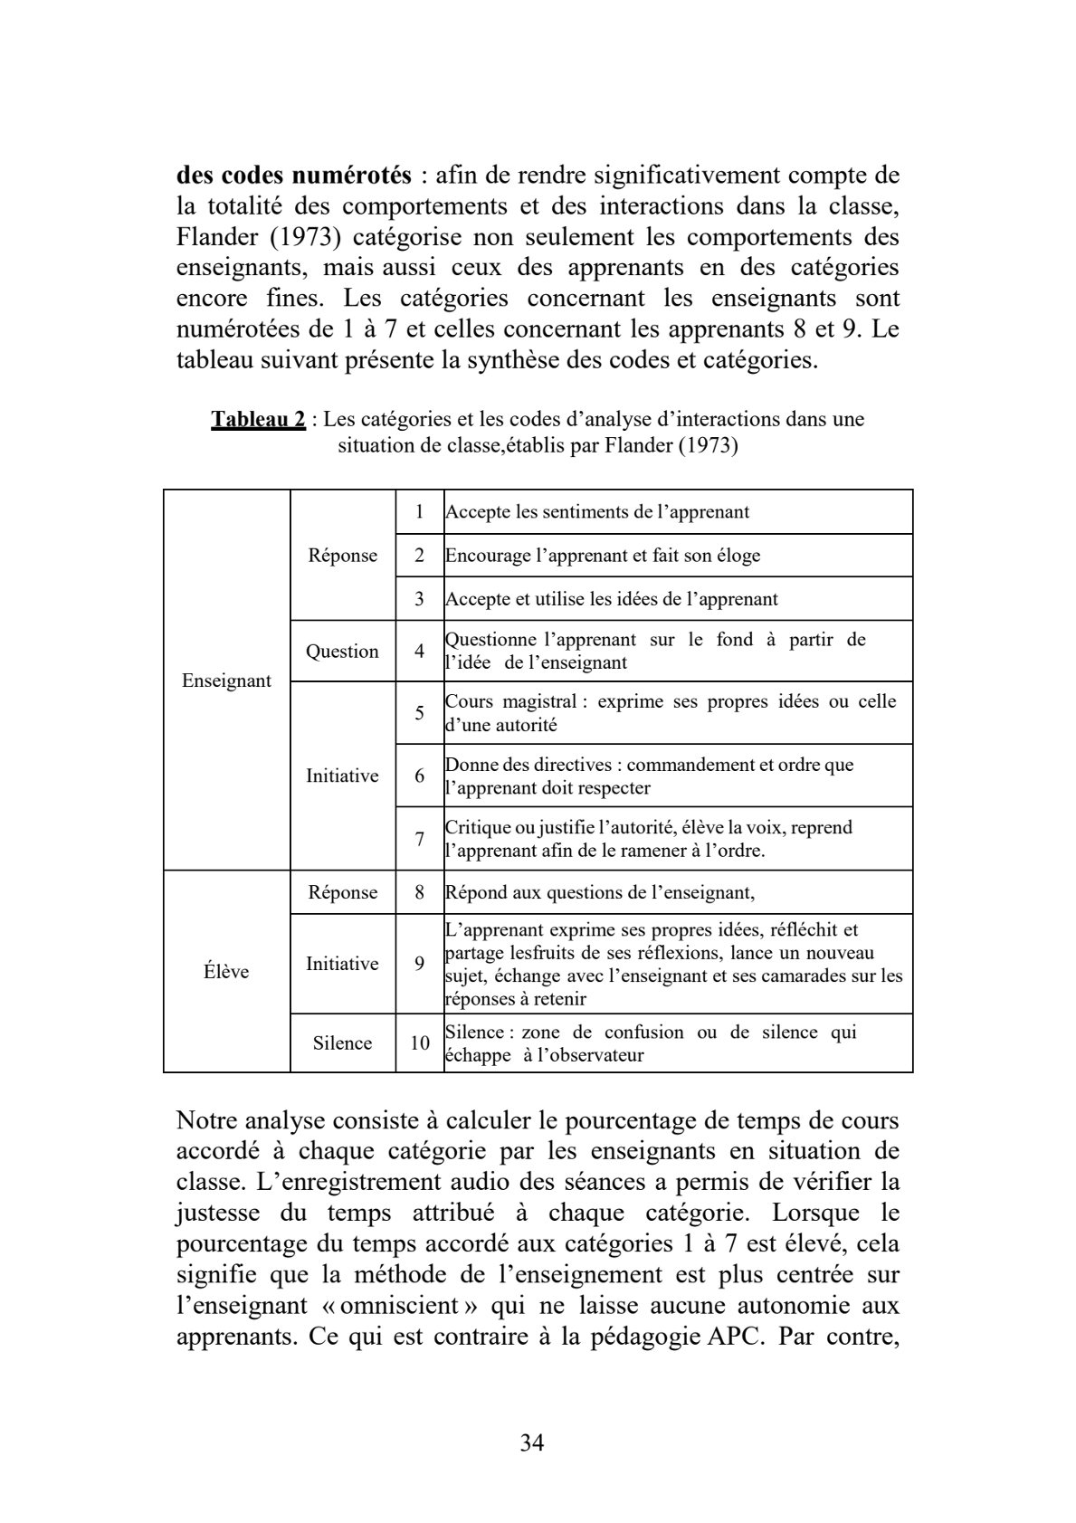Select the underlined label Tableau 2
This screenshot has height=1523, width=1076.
pyautogui.click(x=258, y=419)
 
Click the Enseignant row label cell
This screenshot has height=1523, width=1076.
pyautogui.click(x=226, y=681)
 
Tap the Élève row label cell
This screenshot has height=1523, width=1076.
pyautogui.click(x=226, y=972)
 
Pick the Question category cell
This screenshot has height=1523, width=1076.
pyautogui.click(x=342, y=652)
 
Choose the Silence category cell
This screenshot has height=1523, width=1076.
pyautogui.click(x=342, y=1043)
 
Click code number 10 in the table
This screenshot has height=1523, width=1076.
pyautogui.click(x=420, y=1043)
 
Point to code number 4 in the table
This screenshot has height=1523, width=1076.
pyautogui.click(x=420, y=652)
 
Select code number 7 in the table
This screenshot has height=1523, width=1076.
pyautogui.click(x=420, y=839)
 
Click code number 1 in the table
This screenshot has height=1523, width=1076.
pyautogui.click(x=420, y=512)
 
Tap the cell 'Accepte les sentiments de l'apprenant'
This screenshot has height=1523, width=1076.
pyautogui.click(x=597, y=512)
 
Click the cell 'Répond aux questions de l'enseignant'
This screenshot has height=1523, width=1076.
pyautogui.click(x=599, y=892)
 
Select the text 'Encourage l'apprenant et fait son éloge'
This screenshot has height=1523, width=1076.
pyautogui.click(x=603, y=556)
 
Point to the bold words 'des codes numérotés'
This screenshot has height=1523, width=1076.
pyautogui.click(x=294, y=175)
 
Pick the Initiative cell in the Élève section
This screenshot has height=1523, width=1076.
pyautogui.click(x=342, y=964)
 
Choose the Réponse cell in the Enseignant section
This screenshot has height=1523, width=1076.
pyautogui.click(x=342, y=556)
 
